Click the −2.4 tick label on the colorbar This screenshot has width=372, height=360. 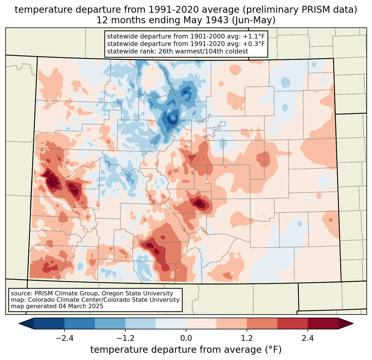point(64,338)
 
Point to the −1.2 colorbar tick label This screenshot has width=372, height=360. point(125,338)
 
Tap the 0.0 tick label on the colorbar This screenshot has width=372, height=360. point(186,338)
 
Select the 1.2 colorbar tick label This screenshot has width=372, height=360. point(247,338)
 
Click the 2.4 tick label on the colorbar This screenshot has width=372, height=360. point(308,338)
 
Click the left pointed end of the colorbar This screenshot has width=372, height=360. point(19,324)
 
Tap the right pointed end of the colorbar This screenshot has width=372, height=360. point(353,324)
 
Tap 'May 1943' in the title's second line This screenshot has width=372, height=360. point(206,20)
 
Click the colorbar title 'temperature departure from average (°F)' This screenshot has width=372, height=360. point(186,350)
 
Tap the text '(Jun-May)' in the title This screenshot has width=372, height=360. point(254,20)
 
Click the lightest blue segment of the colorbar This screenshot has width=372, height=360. point(171,324)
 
